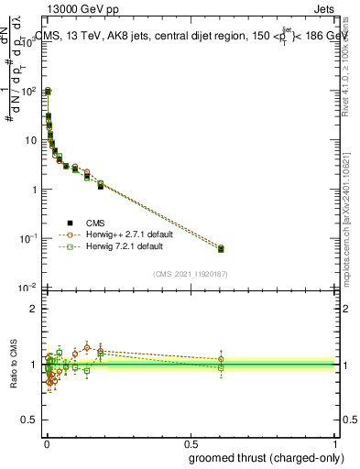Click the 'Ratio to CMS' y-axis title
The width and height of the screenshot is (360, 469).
13,365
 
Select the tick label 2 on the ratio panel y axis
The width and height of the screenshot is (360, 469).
33,309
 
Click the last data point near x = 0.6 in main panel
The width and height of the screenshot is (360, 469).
221,248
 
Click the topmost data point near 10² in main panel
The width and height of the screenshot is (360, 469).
48,92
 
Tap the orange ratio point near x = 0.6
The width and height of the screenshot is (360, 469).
221,359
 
